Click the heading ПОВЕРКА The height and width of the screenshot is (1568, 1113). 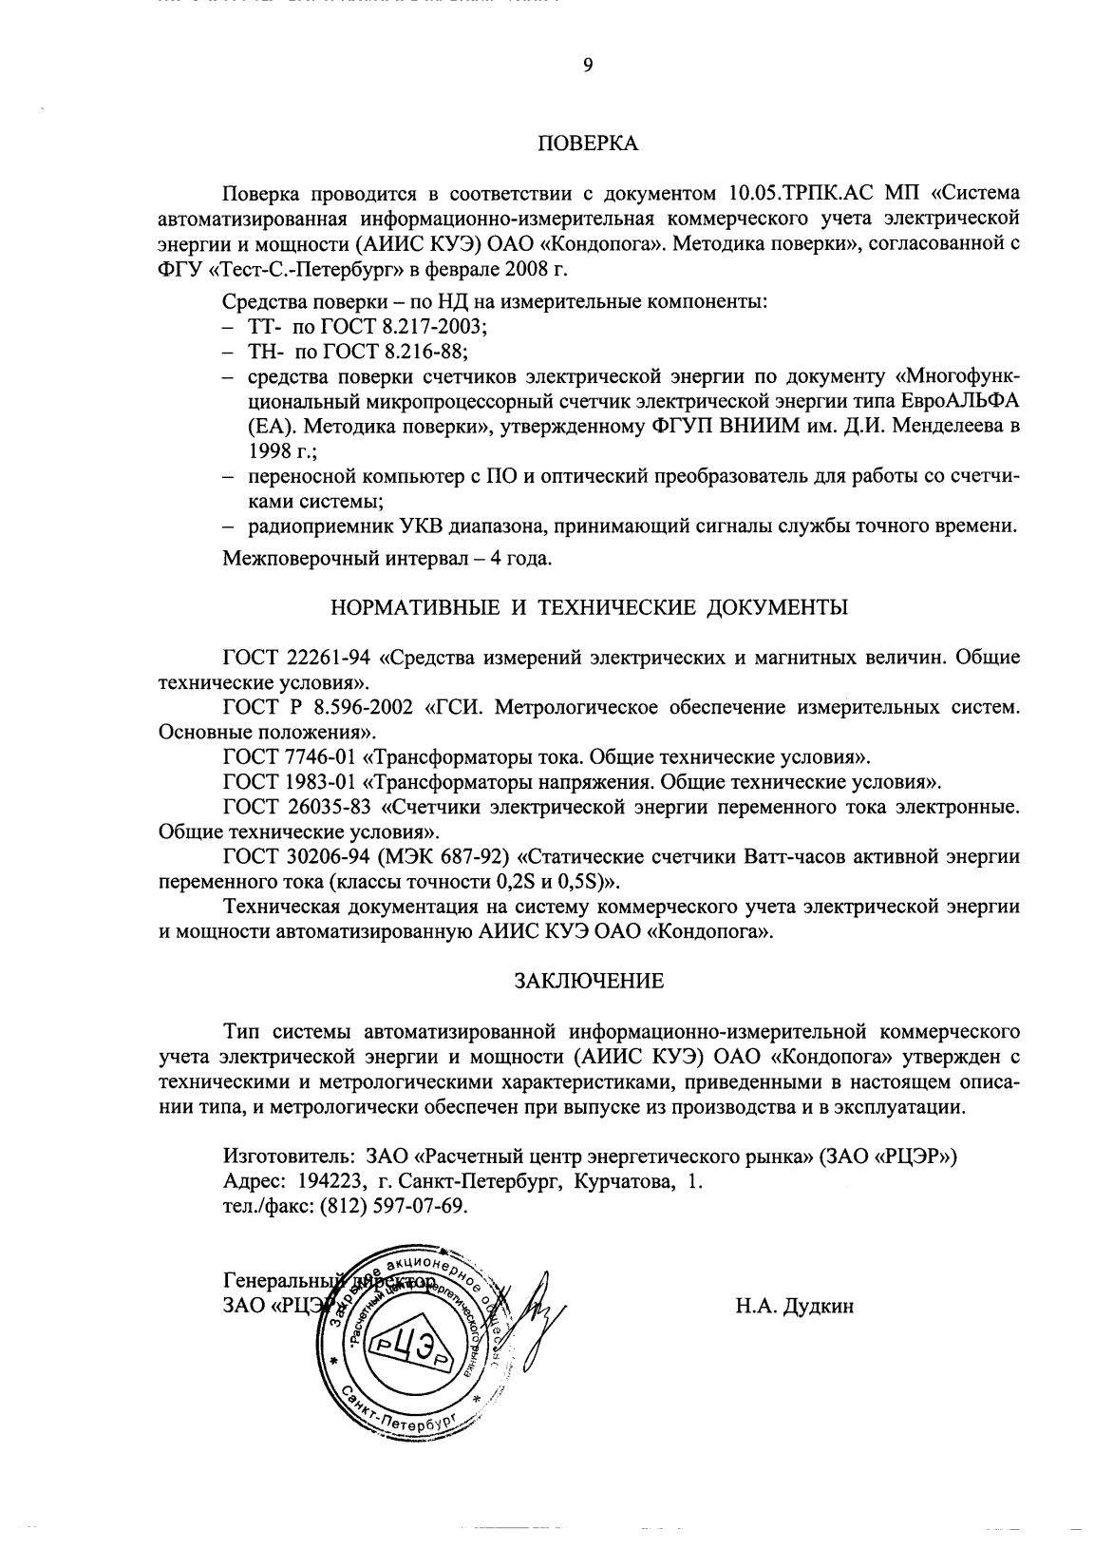point(589,144)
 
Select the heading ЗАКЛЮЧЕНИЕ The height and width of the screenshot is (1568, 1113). point(589,979)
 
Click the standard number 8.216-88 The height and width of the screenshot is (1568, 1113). point(424,352)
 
